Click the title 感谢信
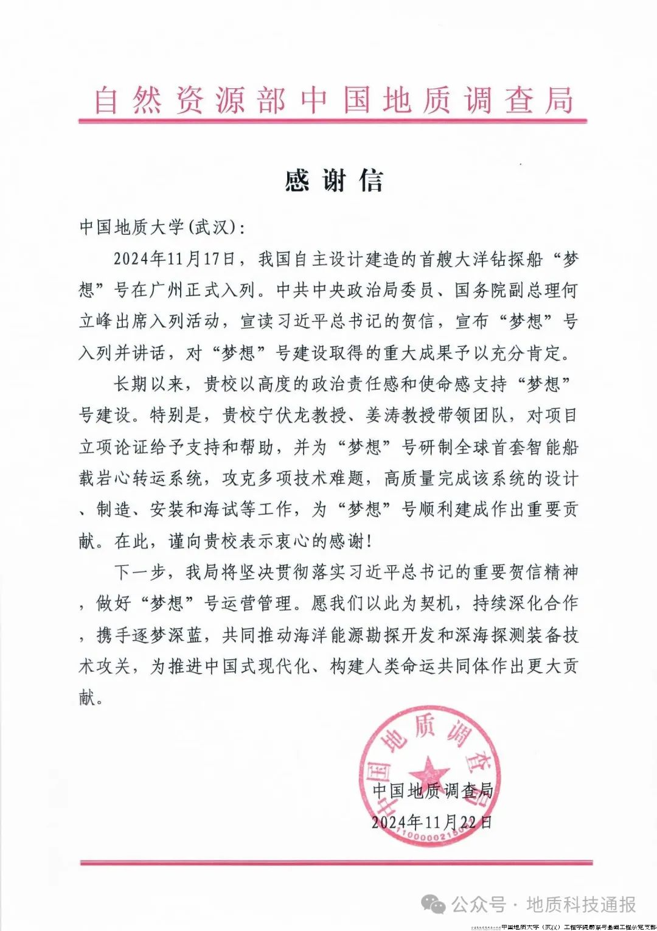[334, 181]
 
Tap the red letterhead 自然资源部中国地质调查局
[333, 100]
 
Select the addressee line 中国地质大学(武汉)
[161, 228]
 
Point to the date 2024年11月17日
[174, 259]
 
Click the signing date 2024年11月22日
[431, 822]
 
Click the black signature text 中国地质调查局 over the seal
[433, 790]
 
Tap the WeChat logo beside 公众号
[434, 905]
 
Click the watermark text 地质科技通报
[581, 905]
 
